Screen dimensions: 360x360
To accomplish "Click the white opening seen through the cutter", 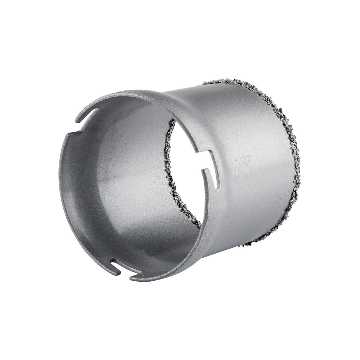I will pos(187,173).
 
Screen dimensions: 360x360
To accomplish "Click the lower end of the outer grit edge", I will pos(240,248).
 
